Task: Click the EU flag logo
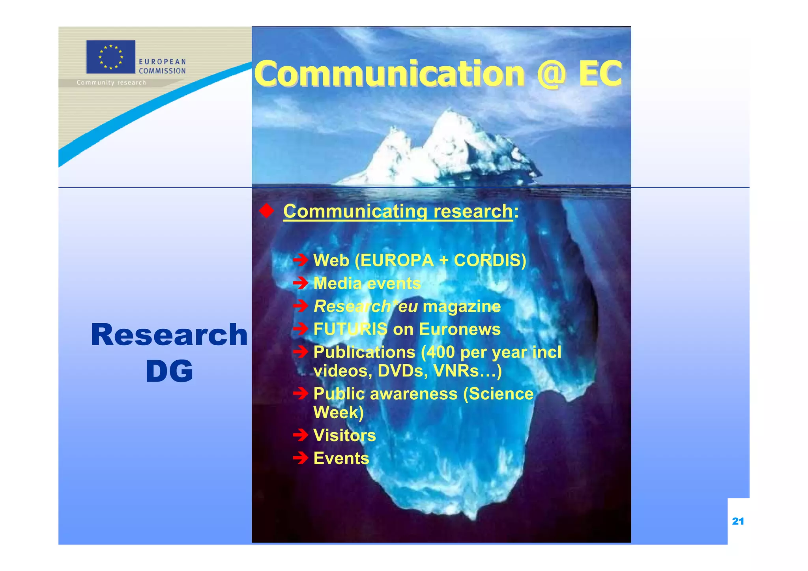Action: pyautogui.click(x=110, y=57)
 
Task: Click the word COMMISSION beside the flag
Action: pyautogui.click(x=162, y=71)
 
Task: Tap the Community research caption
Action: pyautogui.click(x=111, y=82)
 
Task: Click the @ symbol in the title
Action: pyautogui.click(x=551, y=74)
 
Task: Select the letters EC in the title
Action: pyautogui.click(x=600, y=74)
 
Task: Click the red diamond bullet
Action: pyautogui.click(x=267, y=211)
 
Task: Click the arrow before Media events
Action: pyautogui.click(x=301, y=283)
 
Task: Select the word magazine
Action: pyautogui.click(x=461, y=307)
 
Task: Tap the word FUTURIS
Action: pyautogui.click(x=350, y=329)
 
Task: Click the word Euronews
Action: pyautogui.click(x=460, y=329)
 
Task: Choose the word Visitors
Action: pyautogui.click(x=344, y=436)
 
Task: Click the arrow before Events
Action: pyautogui.click(x=301, y=458)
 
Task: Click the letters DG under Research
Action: pyautogui.click(x=169, y=371)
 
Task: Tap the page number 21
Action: pyautogui.click(x=738, y=521)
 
